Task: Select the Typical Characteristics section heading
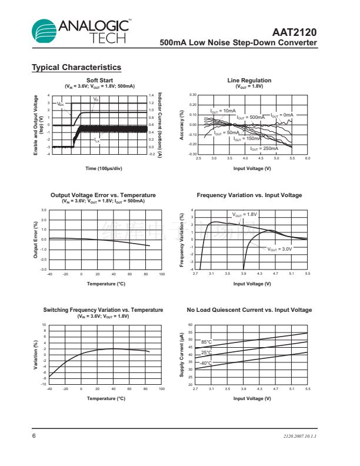[76, 68]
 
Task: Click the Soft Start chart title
[99, 80]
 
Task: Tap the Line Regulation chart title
[249, 80]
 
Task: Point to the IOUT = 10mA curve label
[223, 111]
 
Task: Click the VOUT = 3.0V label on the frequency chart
[280, 249]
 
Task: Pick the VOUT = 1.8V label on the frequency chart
[245, 215]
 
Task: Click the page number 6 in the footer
[34, 436]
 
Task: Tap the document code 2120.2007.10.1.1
[299, 436]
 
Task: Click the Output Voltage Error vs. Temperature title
[103, 195]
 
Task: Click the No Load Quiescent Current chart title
[249, 310]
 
